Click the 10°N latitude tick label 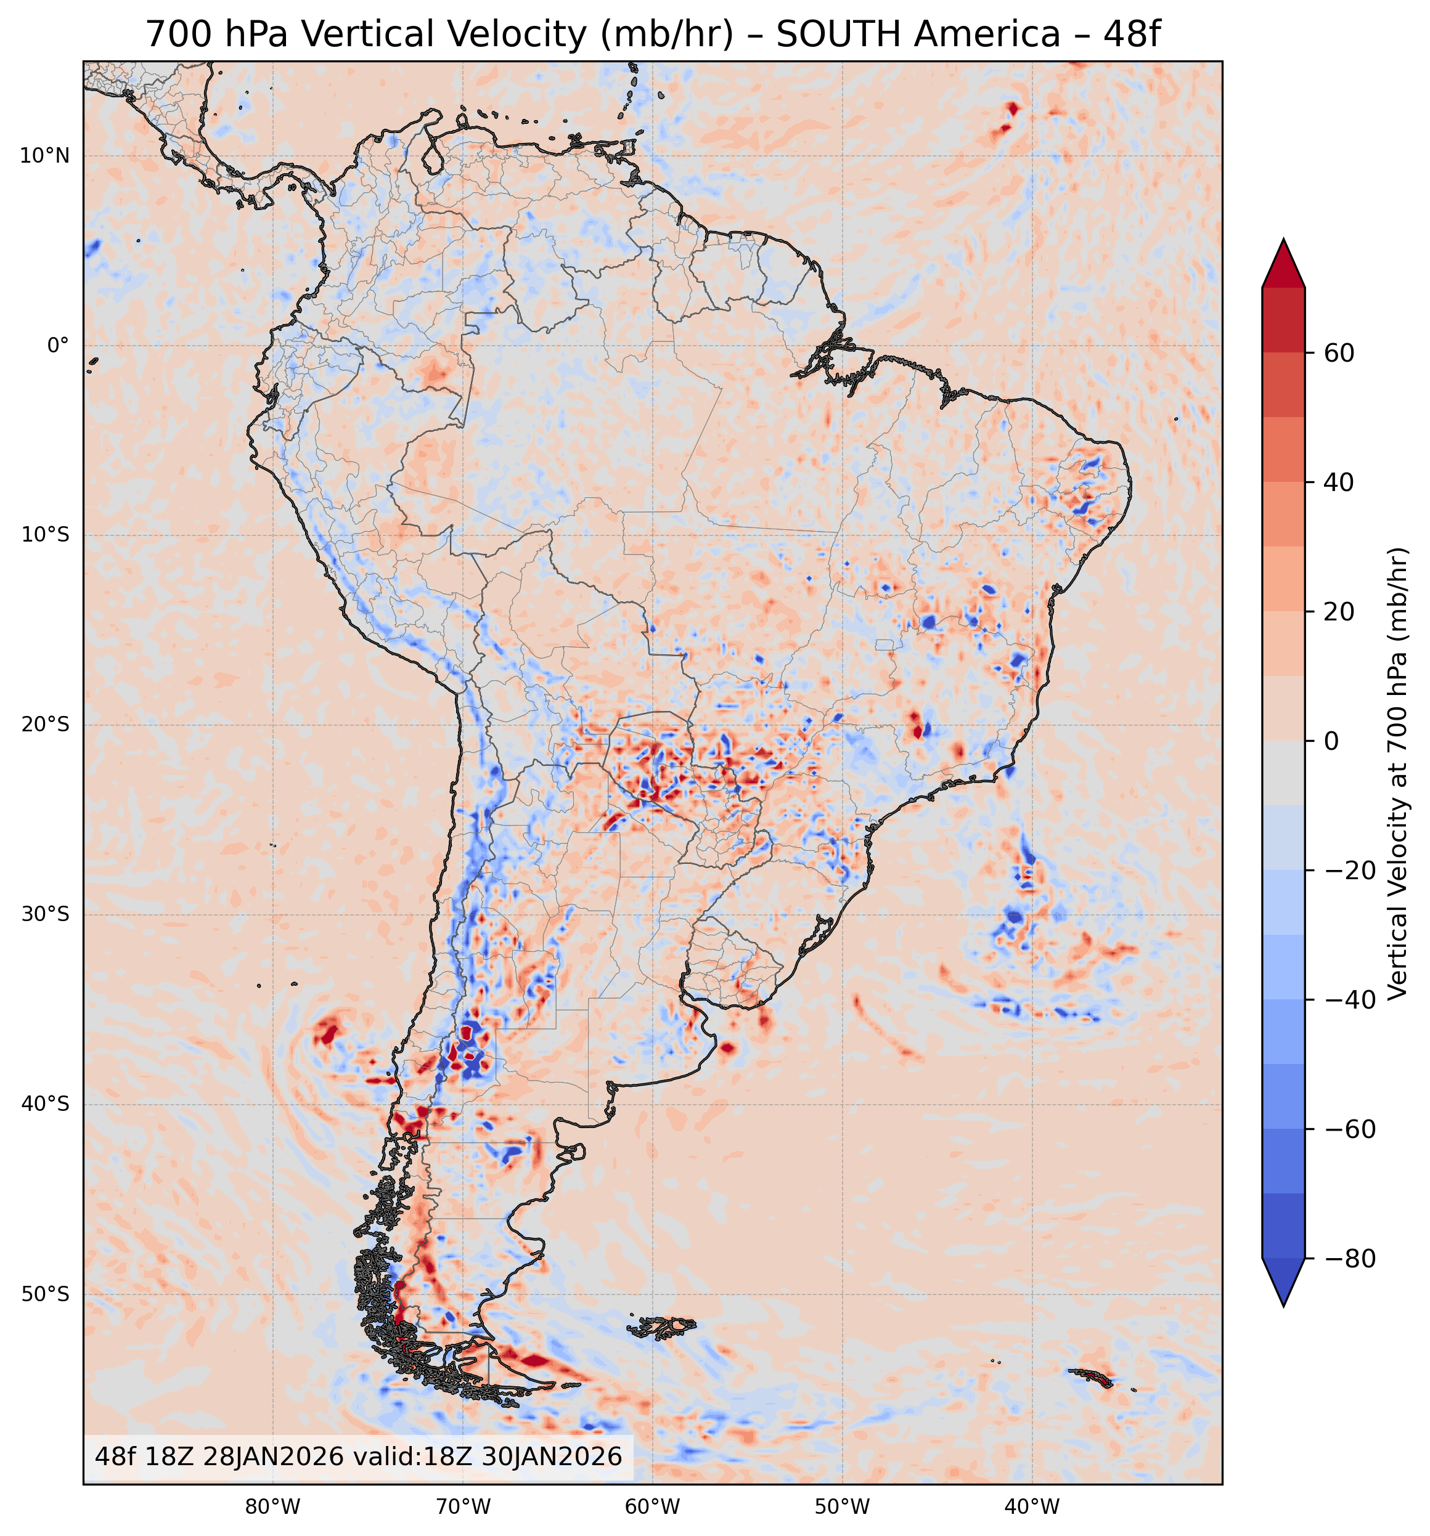pos(44,156)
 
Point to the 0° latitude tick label pos(58,346)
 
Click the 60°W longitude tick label pos(652,1506)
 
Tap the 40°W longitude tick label pos(1032,1506)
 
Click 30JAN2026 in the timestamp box pos(552,1457)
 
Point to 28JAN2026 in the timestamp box pos(273,1457)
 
